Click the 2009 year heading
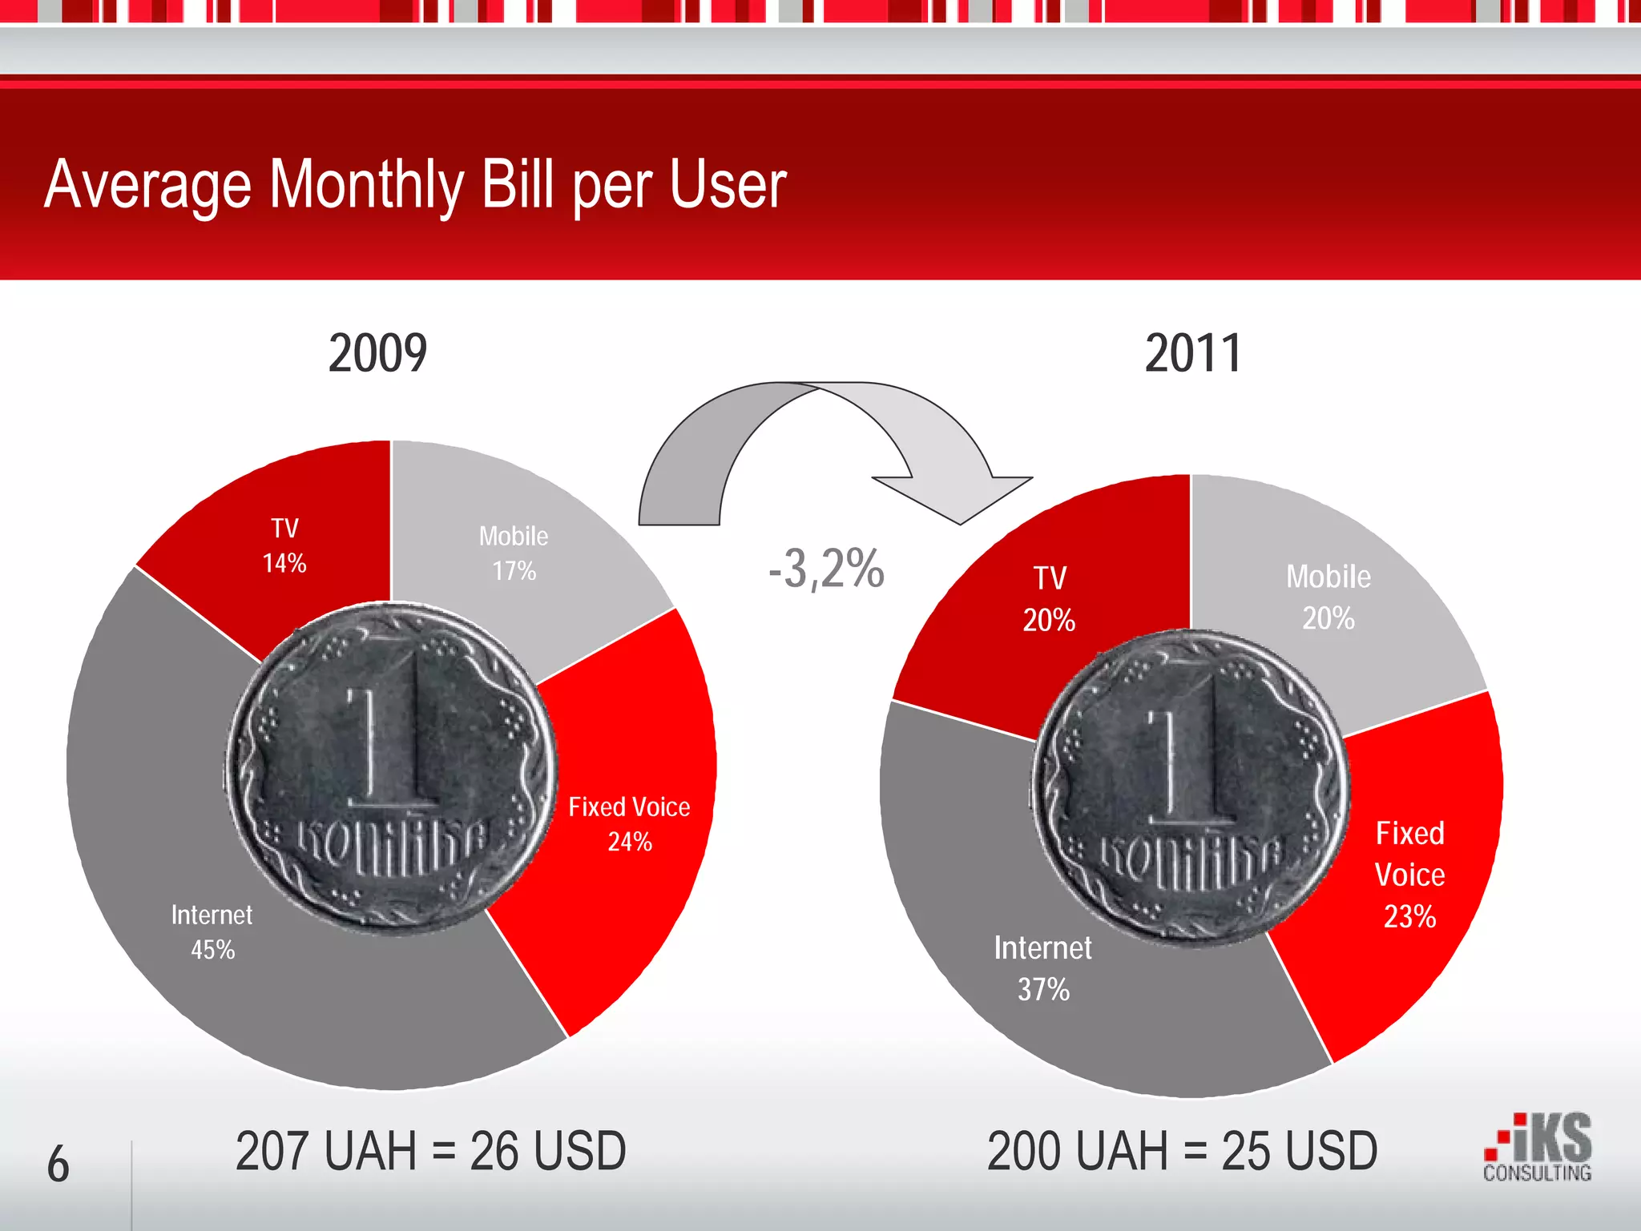point(377,353)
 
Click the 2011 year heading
point(1193,353)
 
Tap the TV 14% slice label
point(284,545)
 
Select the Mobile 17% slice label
point(514,553)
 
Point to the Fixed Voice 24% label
point(629,823)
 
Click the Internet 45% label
point(212,932)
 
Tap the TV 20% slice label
point(1049,598)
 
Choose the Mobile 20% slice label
point(1329,597)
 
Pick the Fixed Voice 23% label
point(1410,875)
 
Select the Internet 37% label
point(1043,968)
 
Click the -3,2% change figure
point(826,569)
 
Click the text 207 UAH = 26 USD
point(430,1151)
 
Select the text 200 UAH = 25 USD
point(1182,1151)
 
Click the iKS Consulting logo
point(1538,1147)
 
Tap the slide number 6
point(58,1164)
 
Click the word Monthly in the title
point(366,185)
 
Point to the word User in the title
point(728,185)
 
